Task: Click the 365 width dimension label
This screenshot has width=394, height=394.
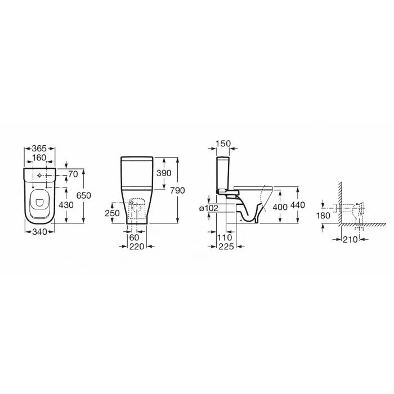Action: (x=39, y=148)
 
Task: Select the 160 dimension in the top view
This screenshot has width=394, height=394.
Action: (x=39, y=158)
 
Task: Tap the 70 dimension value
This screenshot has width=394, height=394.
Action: (x=73, y=174)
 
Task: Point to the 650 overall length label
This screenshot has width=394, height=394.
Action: (x=84, y=195)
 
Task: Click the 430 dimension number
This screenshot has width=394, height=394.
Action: (x=66, y=205)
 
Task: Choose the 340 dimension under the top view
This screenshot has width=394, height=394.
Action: (x=40, y=231)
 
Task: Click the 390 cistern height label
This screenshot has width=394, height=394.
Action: (x=164, y=173)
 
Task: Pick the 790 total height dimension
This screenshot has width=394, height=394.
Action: (x=178, y=190)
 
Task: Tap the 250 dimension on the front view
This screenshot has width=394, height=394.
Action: (x=112, y=213)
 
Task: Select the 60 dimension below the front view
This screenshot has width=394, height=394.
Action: (x=134, y=238)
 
